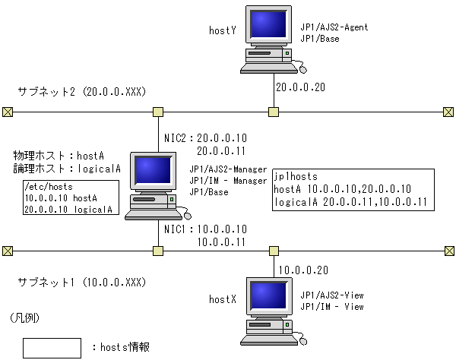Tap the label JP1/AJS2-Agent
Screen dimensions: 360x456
click(x=334, y=27)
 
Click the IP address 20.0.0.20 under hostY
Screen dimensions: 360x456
click(x=300, y=87)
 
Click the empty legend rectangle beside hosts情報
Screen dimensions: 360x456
click(x=52, y=347)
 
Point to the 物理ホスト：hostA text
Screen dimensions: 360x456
click(x=59, y=154)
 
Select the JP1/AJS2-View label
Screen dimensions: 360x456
click(x=332, y=295)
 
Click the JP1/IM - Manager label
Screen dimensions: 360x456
click(x=227, y=181)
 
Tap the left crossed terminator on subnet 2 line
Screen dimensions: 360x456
click(x=8, y=112)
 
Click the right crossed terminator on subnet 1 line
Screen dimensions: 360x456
click(x=448, y=249)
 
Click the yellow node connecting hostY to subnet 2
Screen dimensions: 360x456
click(x=274, y=112)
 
